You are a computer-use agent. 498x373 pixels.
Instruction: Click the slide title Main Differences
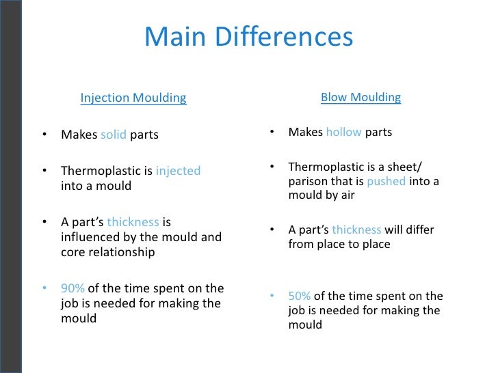click(248, 38)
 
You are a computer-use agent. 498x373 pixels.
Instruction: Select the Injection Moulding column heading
click(133, 98)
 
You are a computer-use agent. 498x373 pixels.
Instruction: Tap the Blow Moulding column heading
click(361, 97)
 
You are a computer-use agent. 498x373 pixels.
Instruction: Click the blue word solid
click(114, 135)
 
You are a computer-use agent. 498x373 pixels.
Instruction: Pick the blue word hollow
click(343, 132)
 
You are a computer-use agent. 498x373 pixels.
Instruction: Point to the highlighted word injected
click(178, 171)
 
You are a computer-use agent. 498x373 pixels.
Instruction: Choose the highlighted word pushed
click(386, 181)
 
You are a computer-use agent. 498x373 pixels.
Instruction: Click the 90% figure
click(73, 288)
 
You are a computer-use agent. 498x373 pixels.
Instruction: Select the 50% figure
click(300, 296)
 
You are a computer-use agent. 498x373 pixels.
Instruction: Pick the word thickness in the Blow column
click(357, 230)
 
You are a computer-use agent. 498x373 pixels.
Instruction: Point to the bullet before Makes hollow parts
click(272, 132)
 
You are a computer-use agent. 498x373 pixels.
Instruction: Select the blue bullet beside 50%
click(272, 296)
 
